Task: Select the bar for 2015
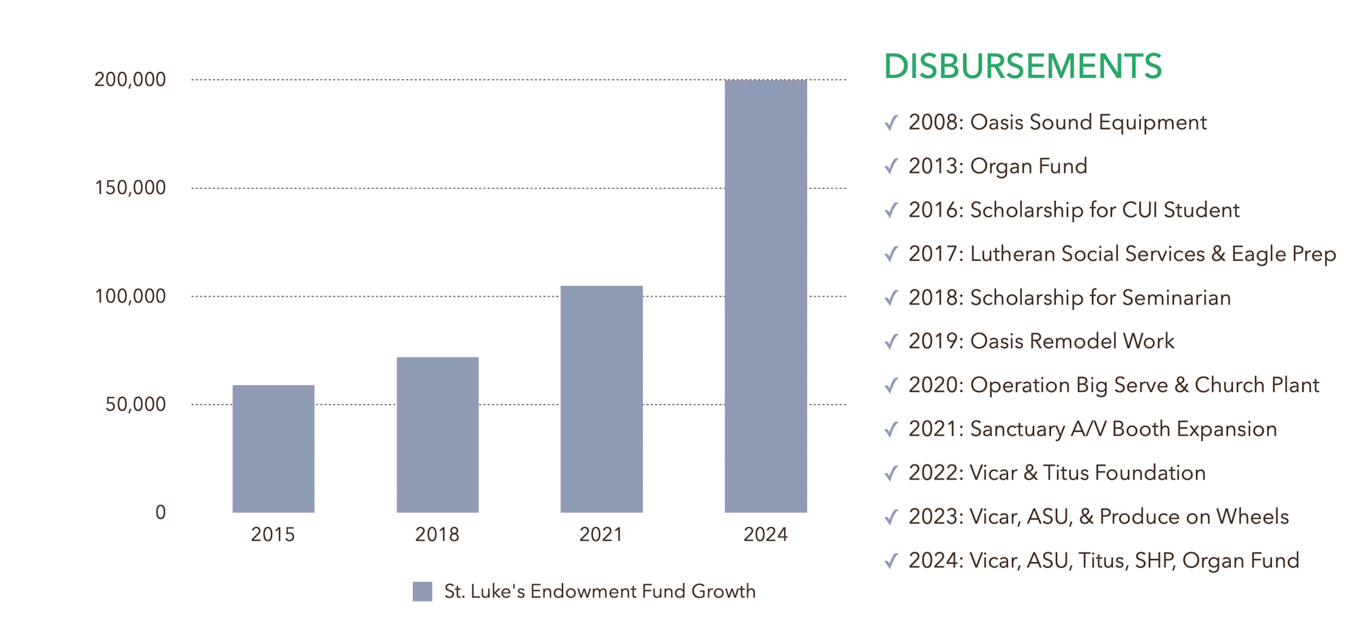coord(273,449)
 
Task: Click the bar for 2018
coord(437,435)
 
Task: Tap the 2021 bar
coord(601,399)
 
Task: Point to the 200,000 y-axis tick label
coord(130,79)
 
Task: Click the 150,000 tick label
coord(130,188)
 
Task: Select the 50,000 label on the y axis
coord(136,404)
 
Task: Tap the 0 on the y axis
coord(161,512)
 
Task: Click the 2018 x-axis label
coord(437,534)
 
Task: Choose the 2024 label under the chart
coord(765,534)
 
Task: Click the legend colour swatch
coord(422,592)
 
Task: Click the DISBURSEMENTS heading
coord(1023,67)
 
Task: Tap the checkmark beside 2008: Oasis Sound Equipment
coord(891,123)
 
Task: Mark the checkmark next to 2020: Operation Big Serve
coord(891,386)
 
